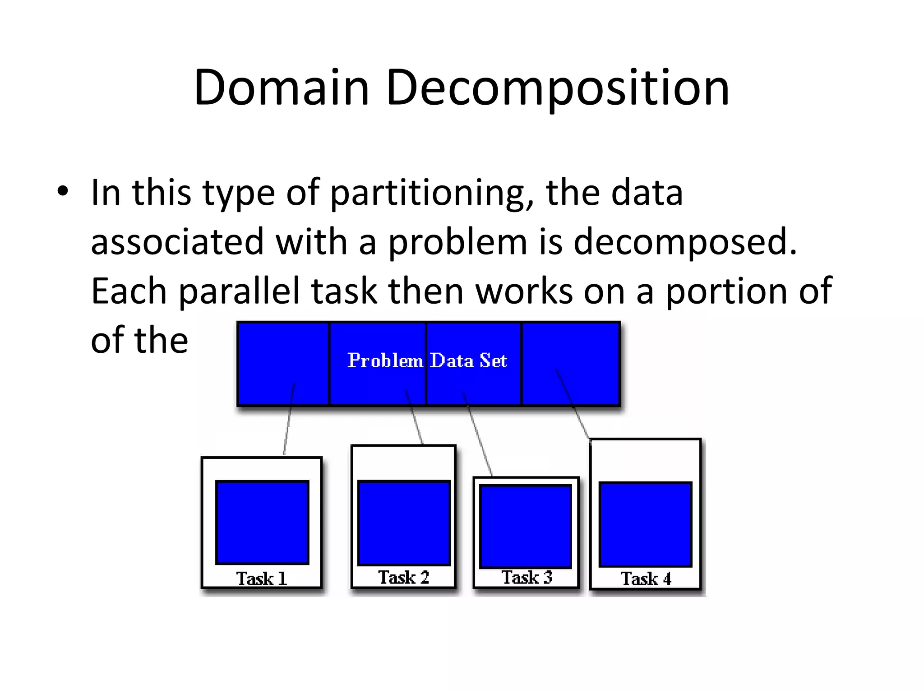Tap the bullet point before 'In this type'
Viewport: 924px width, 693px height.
coord(63,191)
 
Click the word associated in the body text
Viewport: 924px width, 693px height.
coord(177,242)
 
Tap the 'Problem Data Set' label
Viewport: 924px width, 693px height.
coord(427,360)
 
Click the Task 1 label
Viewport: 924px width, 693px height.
coord(262,578)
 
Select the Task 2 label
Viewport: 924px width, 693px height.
coord(403,577)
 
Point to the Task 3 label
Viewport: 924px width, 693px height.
coord(527,577)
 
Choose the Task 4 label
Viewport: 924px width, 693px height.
coord(646,578)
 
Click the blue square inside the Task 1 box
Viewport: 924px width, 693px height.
coord(262,522)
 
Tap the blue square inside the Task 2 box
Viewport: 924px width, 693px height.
coord(404,523)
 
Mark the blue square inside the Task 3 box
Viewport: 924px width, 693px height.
coord(526,526)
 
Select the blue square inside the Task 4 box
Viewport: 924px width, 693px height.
coord(645,524)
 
